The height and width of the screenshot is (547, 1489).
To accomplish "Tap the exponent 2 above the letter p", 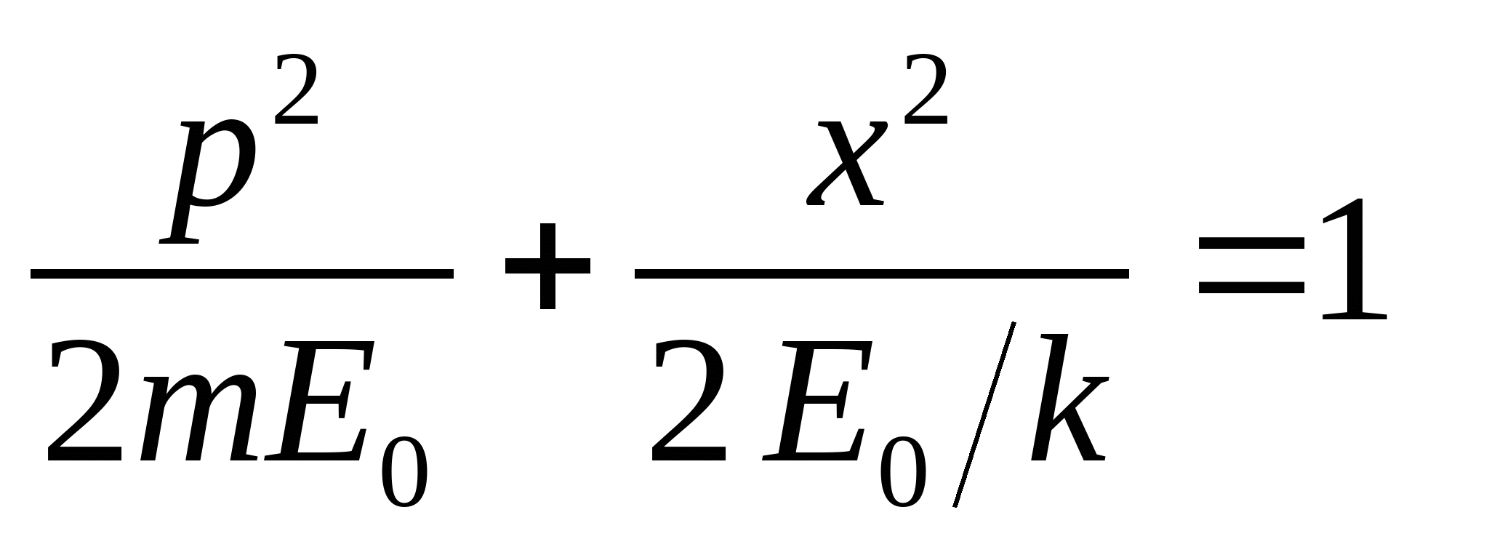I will click(x=296, y=91).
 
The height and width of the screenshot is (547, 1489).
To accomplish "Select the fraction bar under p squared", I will click(x=241, y=274).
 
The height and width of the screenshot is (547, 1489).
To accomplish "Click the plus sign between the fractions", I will click(x=547, y=266).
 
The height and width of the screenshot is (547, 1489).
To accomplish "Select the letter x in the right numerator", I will click(x=848, y=164).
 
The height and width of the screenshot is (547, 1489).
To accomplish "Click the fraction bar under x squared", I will click(x=881, y=274).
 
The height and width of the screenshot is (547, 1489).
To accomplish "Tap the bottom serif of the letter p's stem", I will click(x=179, y=241).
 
